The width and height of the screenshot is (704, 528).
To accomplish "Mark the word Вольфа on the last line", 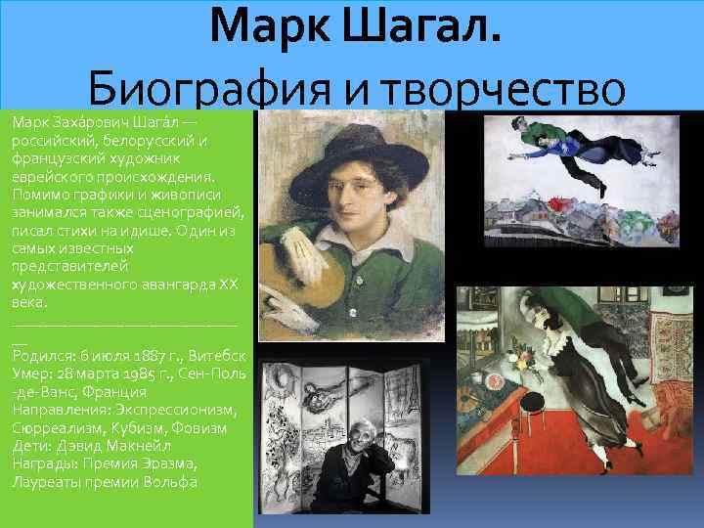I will coord(171,482).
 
